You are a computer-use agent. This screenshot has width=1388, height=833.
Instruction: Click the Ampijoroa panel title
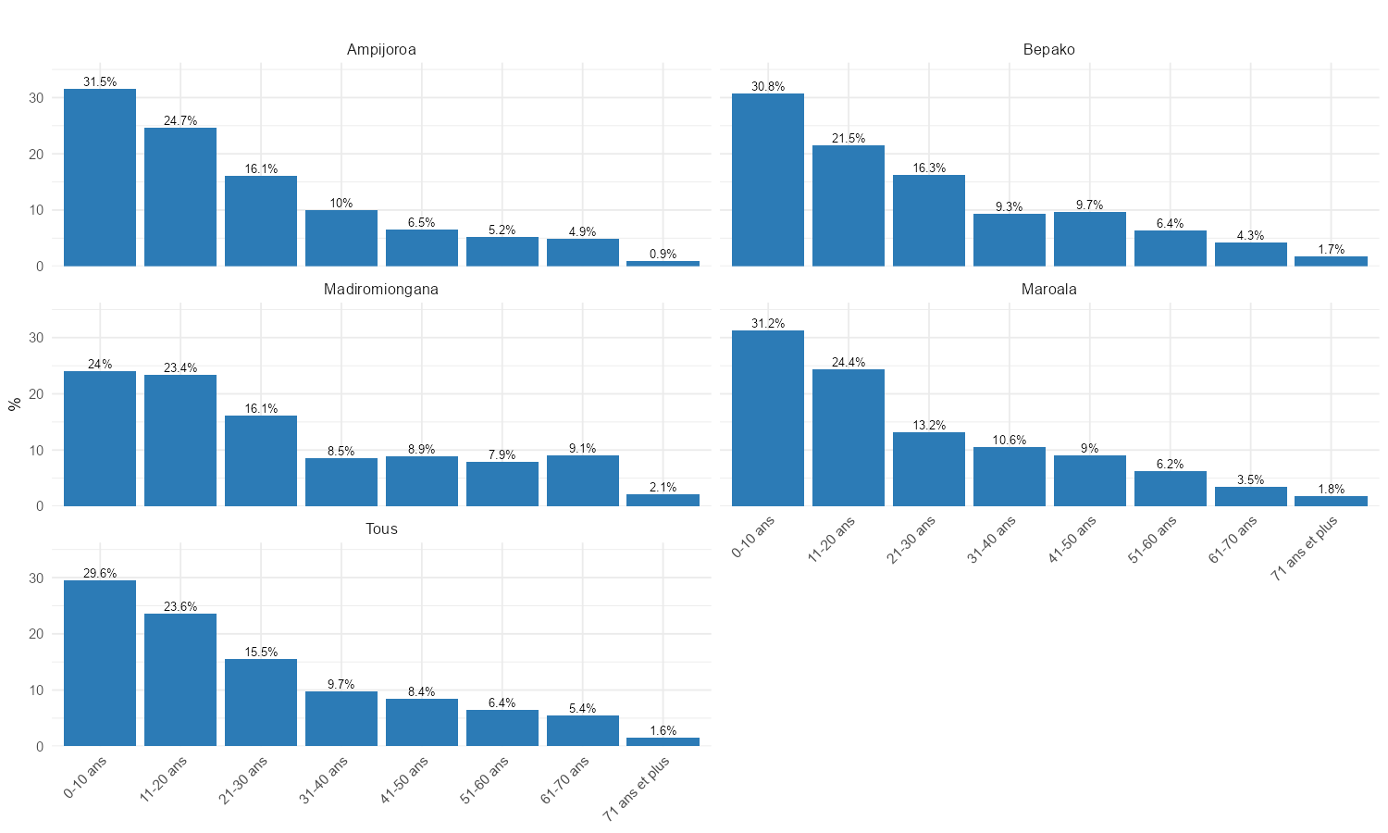pos(381,50)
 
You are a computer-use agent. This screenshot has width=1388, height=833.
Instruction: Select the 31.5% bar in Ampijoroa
pos(100,178)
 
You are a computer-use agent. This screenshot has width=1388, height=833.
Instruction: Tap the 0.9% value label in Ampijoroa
pos(663,255)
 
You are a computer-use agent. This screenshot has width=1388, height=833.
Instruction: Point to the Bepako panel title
pos(1048,50)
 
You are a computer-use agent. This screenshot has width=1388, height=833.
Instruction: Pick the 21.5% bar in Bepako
pos(849,205)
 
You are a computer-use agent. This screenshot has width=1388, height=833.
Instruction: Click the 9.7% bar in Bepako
pos(1090,239)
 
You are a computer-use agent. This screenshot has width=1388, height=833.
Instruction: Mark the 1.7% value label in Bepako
pos(1332,250)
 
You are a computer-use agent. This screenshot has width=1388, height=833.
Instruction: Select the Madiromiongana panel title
pos(381,290)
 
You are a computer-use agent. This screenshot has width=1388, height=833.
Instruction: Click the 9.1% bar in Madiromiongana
pos(582,480)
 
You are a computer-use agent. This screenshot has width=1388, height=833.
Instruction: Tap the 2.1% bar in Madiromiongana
pos(663,501)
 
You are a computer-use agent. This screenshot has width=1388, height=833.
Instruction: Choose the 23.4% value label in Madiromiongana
pos(180,368)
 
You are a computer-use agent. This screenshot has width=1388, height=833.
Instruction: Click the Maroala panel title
pos(1048,290)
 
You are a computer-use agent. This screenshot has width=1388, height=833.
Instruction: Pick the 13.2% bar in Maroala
pos(929,469)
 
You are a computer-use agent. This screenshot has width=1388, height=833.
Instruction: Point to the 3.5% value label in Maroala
pos(1251,480)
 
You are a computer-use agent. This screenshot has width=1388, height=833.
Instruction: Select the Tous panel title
pos(381,529)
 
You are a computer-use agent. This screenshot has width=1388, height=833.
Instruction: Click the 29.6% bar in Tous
pos(100,663)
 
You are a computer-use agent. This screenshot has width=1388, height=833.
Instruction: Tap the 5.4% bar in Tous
pos(582,731)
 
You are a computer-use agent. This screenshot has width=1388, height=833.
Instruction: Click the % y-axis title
pos(14,404)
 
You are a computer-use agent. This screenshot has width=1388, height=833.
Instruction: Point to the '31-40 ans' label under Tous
pos(325,779)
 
